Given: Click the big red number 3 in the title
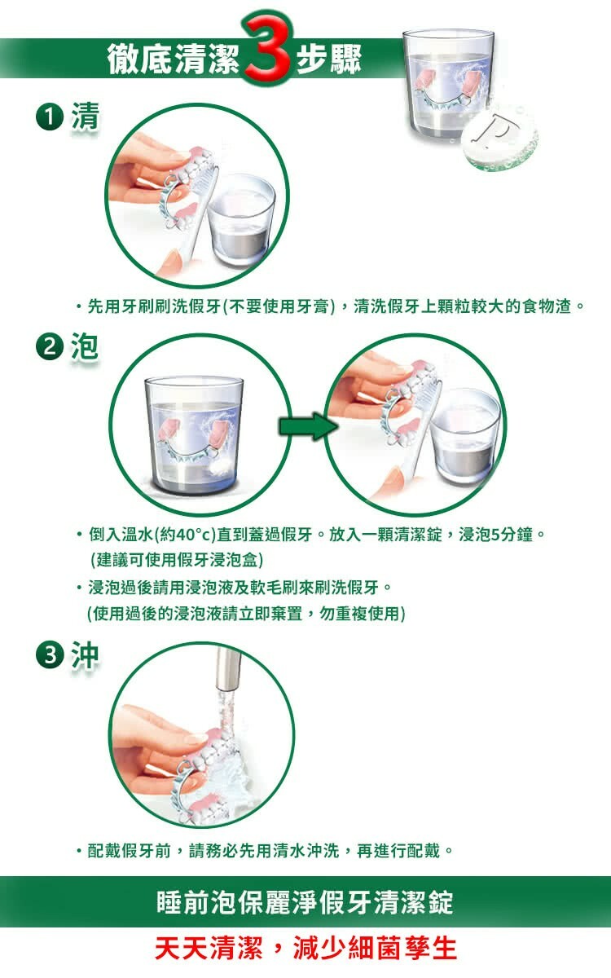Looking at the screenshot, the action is [x=267, y=47].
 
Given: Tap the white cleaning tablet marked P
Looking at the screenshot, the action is [x=500, y=139].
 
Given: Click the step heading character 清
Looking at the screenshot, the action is [x=86, y=117].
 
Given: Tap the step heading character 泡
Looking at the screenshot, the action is [x=85, y=346].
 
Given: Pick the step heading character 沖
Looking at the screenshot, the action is [x=86, y=655].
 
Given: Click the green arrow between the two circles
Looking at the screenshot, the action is [x=308, y=426].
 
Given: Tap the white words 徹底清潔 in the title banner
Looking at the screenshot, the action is [x=174, y=59].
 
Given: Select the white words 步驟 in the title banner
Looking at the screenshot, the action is [x=329, y=59].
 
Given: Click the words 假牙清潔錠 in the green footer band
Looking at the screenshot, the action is [x=386, y=902].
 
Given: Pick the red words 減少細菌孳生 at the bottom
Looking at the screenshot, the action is [x=375, y=949].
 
